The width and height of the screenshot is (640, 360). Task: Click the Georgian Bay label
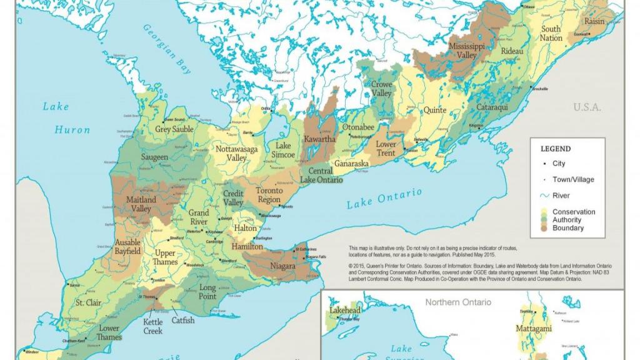pos(167,50)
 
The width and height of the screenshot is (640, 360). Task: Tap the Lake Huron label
pos(65,118)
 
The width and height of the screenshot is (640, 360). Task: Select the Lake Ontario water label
pos(384,199)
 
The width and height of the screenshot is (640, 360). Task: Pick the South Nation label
pos(551,33)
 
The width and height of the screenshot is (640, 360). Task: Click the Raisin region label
pos(594,21)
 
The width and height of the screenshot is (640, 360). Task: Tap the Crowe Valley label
pos(381,89)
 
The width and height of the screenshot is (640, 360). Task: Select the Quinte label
pos(435,110)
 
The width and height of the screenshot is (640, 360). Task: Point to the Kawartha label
pos(319,139)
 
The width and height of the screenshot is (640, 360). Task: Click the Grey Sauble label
pos(174,129)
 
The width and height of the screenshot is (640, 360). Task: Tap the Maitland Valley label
pos(141,204)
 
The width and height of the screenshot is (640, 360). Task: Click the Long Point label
pos(207,292)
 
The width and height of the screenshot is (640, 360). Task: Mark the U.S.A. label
pos(587,107)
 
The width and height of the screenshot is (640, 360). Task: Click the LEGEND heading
pos(555,149)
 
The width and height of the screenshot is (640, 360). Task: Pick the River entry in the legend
pos(561,196)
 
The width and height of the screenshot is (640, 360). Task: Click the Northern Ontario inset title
pos(457,302)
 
